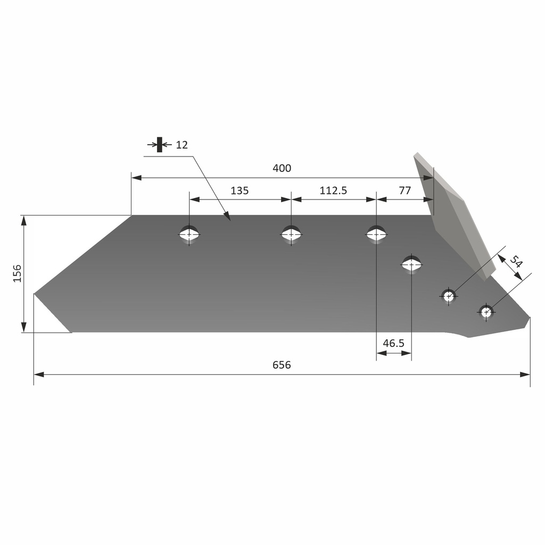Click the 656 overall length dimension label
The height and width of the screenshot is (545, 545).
[x=282, y=365]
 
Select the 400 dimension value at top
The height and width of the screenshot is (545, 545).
[x=282, y=168]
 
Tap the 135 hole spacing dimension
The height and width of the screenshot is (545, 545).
[x=240, y=191]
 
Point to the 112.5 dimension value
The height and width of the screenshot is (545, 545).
[x=333, y=191]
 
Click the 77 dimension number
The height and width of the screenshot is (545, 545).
[x=405, y=191]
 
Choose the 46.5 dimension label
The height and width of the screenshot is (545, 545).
[x=393, y=343]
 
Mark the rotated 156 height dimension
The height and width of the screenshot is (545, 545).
[x=18, y=273]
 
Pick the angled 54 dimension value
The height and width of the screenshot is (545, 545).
[x=516, y=262]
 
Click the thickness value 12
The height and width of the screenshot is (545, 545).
[x=181, y=145]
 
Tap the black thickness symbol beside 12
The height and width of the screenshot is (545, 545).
[x=159, y=145]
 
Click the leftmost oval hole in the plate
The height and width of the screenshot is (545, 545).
[x=189, y=234]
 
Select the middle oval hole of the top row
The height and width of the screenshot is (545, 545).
[x=291, y=234]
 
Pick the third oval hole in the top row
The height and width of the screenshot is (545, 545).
[x=376, y=234]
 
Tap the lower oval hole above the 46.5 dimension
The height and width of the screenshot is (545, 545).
[x=411, y=263]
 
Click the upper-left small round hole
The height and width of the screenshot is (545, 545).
[x=449, y=295]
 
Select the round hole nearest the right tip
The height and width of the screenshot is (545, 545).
[x=486, y=312]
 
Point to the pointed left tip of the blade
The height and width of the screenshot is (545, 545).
[x=36, y=293]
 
